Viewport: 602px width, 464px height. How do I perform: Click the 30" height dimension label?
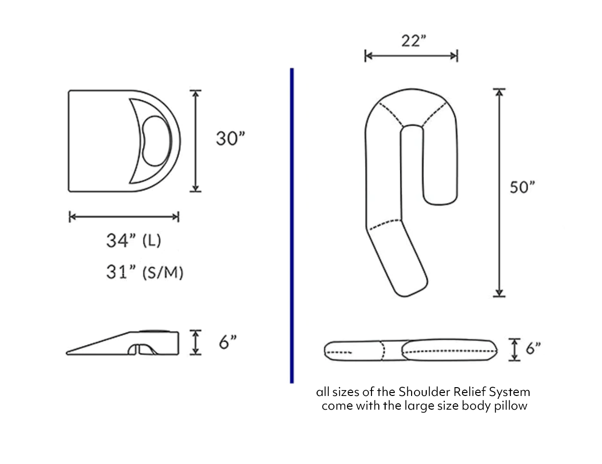click(230, 139)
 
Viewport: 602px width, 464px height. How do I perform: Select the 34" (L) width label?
click(134, 241)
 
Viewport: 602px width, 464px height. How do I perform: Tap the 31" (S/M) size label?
click(144, 272)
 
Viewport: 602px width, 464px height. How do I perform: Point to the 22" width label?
click(412, 41)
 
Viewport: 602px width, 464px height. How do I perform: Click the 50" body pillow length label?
click(522, 187)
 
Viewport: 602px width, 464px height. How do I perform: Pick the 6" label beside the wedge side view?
click(228, 343)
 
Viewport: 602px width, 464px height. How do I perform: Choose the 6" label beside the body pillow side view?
click(533, 349)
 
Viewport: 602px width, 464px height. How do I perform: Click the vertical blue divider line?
click(292, 225)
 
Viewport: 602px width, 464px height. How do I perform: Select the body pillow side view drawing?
click(410, 350)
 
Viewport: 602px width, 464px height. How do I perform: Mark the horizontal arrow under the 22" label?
click(411, 56)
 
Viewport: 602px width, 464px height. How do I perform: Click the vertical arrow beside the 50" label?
click(499, 192)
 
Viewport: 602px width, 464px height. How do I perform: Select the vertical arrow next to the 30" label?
click(196, 141)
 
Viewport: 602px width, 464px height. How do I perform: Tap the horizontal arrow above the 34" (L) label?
click(124, 217)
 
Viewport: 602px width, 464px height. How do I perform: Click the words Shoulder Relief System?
click(464, 392)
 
